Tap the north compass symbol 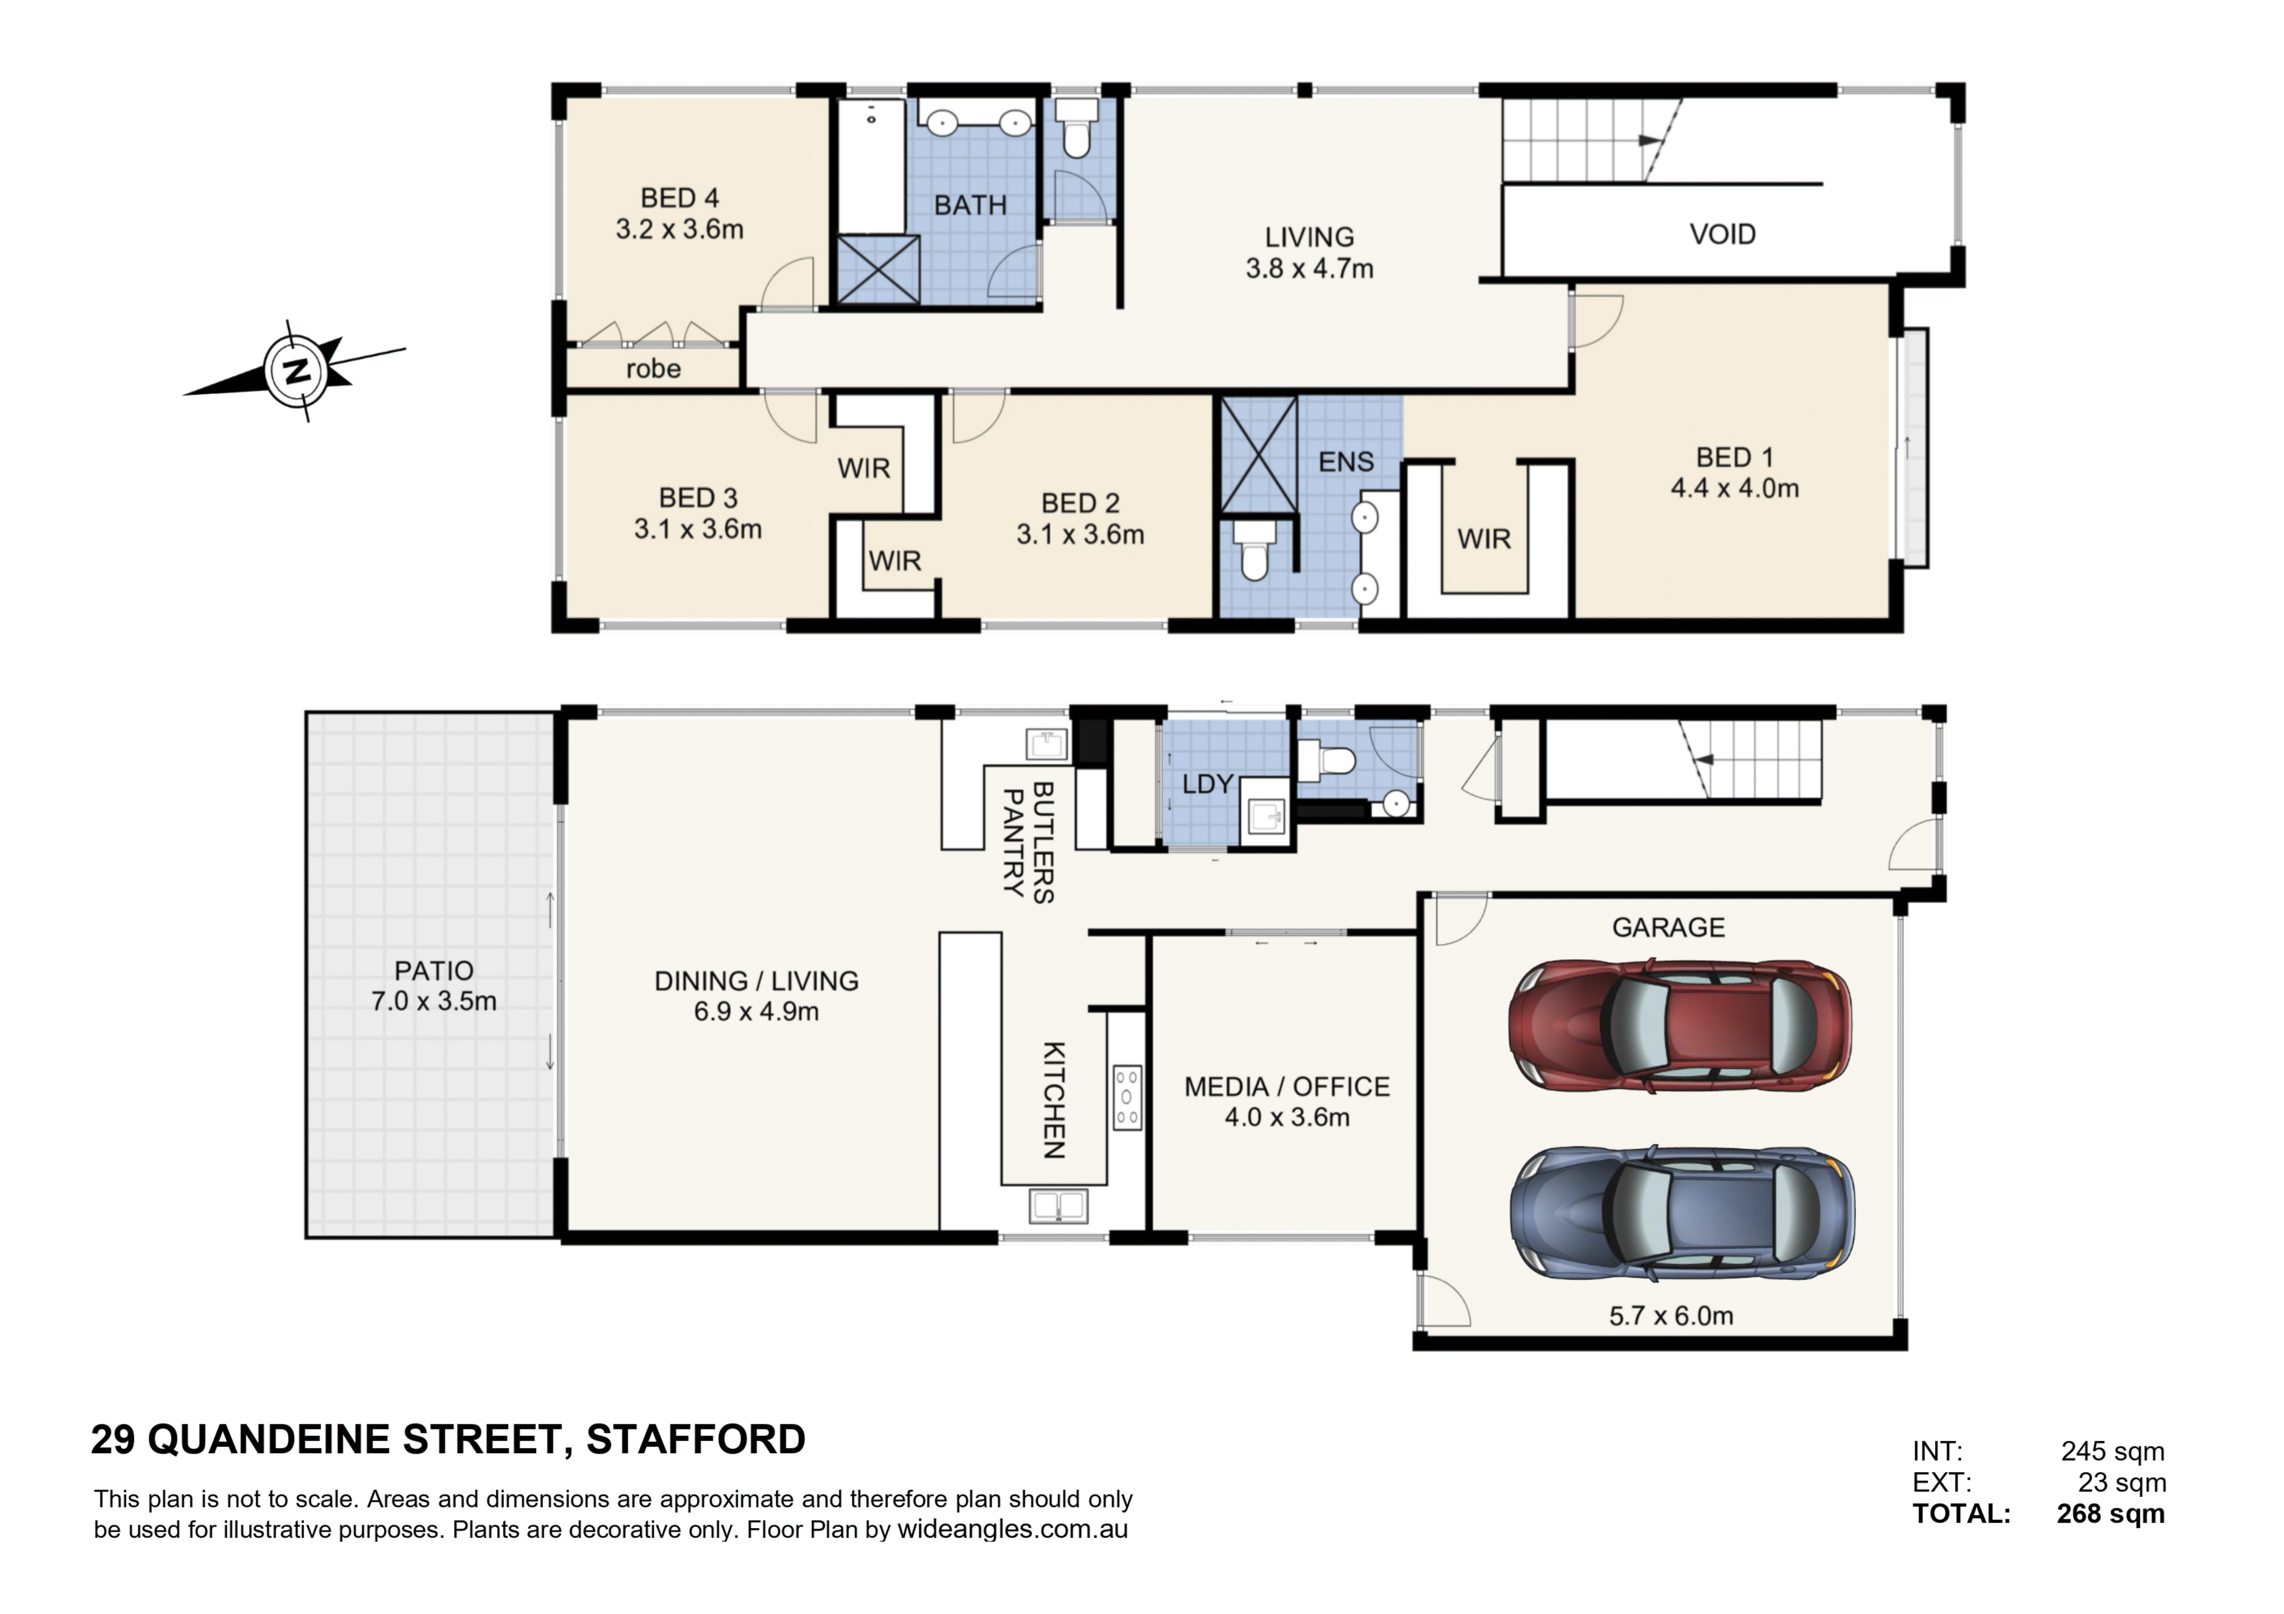click(x=295, y=371)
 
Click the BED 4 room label click(x=679, y=198)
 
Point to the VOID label click(x=1723, y=235)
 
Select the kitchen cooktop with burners click(x=1127, y=1098)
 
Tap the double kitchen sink click(x=1058, y=1206)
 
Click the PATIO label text click(x=434, y=971)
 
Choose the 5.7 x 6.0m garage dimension click(x=1671, y=1317)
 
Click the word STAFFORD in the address click(x=696, y=1440)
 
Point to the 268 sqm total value click(x=2111, y=1514)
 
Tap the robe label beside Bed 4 click(x=653, y=369)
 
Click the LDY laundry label click(x=1208, y=785)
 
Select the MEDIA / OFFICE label click(x=1287, y=1087)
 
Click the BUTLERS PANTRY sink click(x=1046, y=744)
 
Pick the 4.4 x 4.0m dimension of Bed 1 click(x=1735, y=488)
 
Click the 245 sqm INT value click(x=2113, y=1452)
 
